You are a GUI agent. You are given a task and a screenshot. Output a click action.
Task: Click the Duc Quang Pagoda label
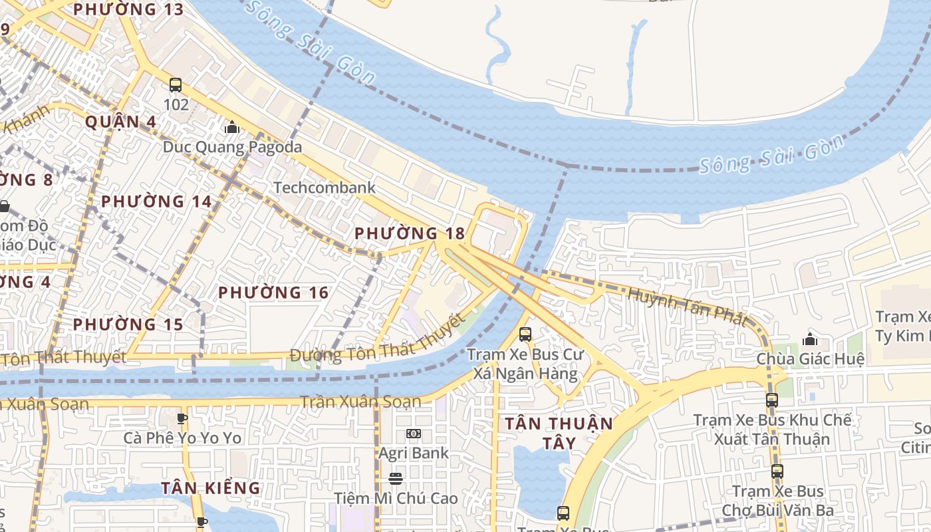pos(232,147)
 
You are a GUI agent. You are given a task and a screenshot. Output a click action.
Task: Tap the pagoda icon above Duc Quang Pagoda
pos(232,126)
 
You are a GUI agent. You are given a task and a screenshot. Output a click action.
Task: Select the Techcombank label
pos(325,188)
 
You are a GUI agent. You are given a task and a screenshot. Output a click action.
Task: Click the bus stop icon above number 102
pos(176,85)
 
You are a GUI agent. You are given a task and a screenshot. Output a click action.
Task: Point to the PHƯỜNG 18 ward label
pos(410,233)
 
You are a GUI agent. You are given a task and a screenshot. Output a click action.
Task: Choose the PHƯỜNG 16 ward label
pos(273,293)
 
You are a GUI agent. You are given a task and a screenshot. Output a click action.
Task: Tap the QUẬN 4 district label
pos(120,122)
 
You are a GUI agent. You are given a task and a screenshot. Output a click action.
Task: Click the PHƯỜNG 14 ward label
pos(156,201)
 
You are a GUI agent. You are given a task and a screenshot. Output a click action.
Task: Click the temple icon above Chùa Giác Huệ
pos(809,339)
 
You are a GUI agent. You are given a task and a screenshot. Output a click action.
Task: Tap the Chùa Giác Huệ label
pos(810,360)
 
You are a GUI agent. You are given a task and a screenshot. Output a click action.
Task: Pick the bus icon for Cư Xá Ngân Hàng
pos(525,334)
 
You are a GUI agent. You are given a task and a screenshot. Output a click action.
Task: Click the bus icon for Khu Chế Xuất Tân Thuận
pos(771,400)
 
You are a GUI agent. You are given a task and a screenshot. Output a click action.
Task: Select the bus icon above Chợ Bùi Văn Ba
pos(777,471)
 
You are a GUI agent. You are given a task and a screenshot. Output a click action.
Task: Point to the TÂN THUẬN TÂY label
pos(559,433)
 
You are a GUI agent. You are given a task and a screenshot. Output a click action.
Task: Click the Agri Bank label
pos(414,454)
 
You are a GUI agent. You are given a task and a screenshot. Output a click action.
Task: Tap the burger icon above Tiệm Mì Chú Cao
pos(396,479)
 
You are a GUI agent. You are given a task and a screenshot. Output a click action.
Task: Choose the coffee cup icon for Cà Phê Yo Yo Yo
pos(182,418)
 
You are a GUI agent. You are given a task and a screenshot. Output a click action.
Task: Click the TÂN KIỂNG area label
pos(210,488)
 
